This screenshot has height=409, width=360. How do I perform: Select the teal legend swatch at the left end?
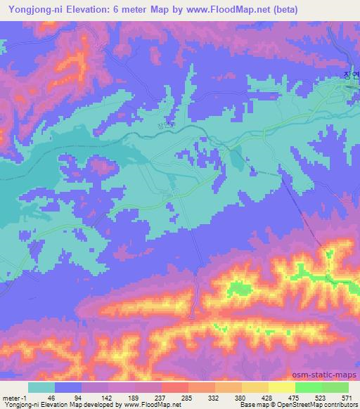(x=41, y=387)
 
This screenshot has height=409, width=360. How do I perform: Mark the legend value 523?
(x=319, y=397)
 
